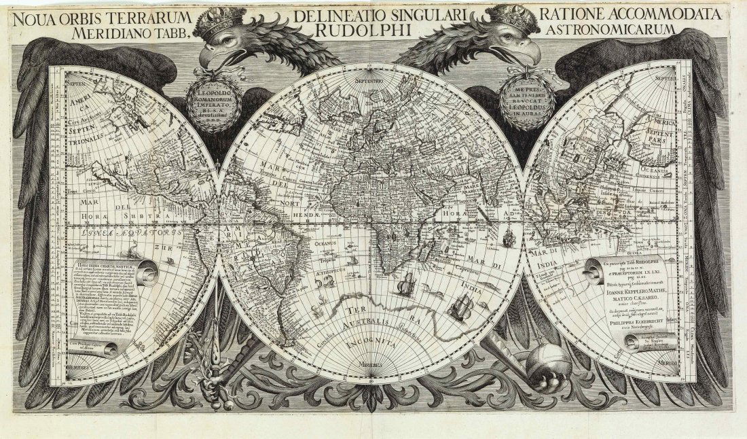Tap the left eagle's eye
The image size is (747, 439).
pos(226,43)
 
